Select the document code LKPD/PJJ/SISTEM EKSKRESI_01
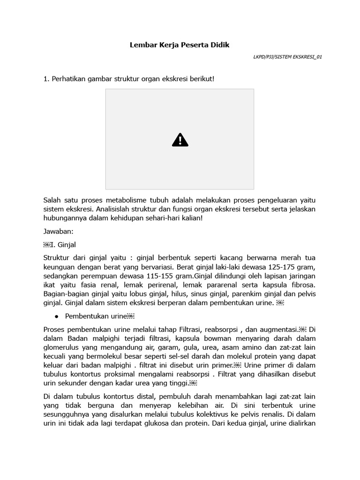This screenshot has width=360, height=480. click(287, 57)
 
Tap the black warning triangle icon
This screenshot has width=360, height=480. click(180, 140)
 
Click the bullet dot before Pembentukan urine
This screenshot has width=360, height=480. click(56, 316)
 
